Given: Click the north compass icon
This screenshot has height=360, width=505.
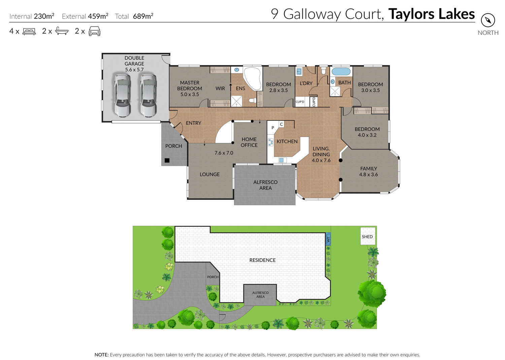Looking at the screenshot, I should (488, 21).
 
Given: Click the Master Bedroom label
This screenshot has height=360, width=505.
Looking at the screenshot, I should (190, 88).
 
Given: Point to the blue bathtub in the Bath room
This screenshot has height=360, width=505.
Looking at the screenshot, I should (341, 72).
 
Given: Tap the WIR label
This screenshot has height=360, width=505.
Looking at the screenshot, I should (220, 88).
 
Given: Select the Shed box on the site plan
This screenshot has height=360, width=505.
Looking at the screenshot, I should (367, 236).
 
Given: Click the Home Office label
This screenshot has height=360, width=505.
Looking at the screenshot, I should (249, 142).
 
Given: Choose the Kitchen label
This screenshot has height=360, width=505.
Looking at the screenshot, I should (287, 141).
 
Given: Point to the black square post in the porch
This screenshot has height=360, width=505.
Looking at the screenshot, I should (167, 160).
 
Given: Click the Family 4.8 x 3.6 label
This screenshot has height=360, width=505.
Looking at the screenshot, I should (369, 171).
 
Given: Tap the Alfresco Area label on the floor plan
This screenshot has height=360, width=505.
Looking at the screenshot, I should (265, 185).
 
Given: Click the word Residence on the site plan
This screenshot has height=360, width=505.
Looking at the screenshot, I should (262, 260).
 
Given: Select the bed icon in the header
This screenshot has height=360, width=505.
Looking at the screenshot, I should (29, 32).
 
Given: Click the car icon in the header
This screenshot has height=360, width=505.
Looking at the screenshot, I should (95, 31).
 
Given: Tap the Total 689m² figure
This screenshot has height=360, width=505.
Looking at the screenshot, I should (134, 16).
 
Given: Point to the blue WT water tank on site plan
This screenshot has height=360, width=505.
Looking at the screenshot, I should (328, 239).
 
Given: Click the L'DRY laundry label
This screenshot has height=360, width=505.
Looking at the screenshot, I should (306, 83).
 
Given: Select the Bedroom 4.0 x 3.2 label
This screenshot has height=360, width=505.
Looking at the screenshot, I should (367, 132).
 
